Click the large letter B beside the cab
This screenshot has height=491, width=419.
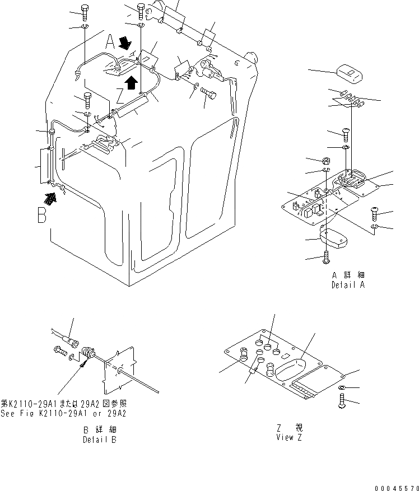pos(42,216)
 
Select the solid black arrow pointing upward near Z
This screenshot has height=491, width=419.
pos(131,82)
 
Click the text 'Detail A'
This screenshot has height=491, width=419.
pos(347,284)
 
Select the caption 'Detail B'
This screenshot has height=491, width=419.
pos(100,439)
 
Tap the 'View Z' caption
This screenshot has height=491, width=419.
pos(288,437)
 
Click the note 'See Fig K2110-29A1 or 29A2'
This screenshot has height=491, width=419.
pos(63,414)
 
